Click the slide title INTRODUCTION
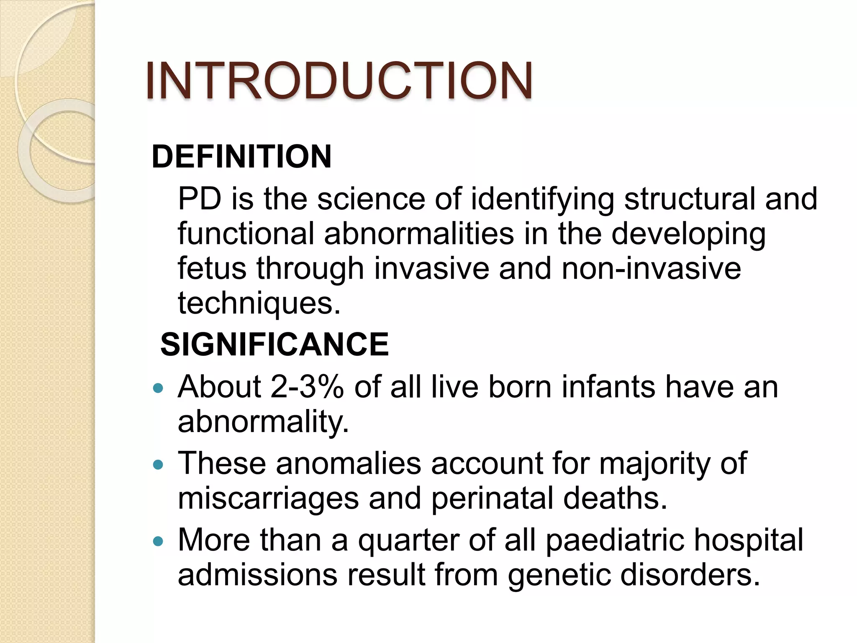tap(339, 80)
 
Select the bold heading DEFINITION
tap(241, 157)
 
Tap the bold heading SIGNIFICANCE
tap(275, 344)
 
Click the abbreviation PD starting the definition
tap(200, 198)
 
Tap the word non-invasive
tap(651, 268)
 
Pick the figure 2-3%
tap(307, 387)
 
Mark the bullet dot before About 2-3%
tap(158, 388)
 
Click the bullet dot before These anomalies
tap(158, 465)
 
